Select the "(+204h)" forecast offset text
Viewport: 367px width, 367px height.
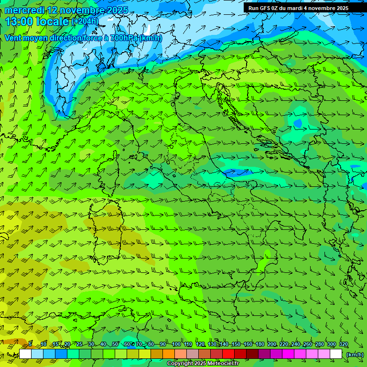click(x=85, y=21)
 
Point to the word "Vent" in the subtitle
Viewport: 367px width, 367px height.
click(x=13, y=38)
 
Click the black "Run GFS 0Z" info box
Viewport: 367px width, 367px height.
click(x=298, y=8)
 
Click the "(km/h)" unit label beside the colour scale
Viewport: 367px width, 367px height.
click(x=354, y=354)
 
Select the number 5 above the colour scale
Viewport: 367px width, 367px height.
click(x=30, y=344)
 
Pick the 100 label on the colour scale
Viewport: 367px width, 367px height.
click(x=176, y=344)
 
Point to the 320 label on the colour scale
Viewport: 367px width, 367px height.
click(x=344, y=344)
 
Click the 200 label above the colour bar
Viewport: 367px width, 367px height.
click(x=272, y=344)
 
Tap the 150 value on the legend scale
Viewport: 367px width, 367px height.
click(x=236, y=344)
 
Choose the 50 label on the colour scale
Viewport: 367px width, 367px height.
click(x=116, y=344)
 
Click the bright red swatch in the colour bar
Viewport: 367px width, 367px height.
click(x=228, y=354)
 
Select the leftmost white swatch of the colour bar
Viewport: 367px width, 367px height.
click(x=25, y=354)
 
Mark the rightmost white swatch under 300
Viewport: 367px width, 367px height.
click(x=336, y=354)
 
